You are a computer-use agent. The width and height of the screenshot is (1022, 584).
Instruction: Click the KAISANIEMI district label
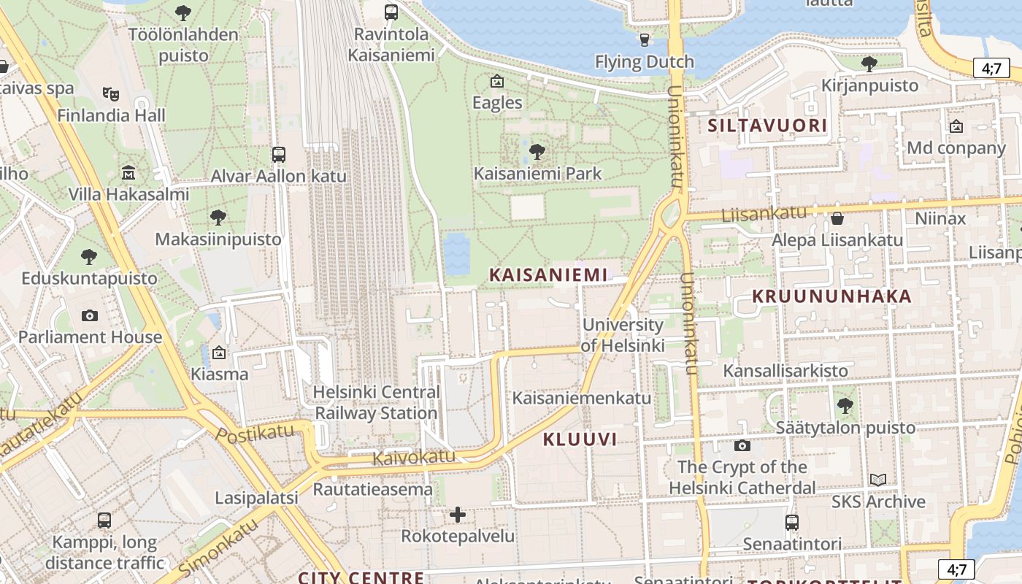point(548,274)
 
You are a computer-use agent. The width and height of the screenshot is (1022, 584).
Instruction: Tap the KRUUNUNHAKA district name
point(831,296)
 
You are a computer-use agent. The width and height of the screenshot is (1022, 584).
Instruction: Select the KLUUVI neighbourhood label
point(580,439)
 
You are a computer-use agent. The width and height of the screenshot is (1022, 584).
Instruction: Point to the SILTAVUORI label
point(767,126)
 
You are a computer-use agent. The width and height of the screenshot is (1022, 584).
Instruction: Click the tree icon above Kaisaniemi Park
point(537,152)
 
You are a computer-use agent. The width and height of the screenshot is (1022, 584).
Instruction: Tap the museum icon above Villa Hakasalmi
point(128,173)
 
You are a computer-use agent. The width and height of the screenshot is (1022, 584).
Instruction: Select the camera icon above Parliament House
point(90,315)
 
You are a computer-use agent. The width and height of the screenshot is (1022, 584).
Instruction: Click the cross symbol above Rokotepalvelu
point(458,515)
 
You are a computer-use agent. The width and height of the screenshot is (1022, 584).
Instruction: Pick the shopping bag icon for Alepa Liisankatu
point(837,218)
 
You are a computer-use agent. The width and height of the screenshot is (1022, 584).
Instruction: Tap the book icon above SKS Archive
point(878,480)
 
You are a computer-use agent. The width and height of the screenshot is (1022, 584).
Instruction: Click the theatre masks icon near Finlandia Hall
point(111,93)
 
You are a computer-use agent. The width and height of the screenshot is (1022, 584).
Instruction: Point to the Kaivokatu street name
point(413,458)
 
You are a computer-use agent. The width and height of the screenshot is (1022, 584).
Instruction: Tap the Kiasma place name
point(220,374)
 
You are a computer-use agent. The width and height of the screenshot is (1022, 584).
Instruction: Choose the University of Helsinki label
point(623,335)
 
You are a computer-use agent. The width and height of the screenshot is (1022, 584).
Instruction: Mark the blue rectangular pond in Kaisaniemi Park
point(457,253)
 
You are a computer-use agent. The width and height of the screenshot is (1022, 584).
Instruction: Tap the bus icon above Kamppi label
point(104,520)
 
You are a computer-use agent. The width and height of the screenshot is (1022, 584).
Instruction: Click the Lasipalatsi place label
point(256,498)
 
